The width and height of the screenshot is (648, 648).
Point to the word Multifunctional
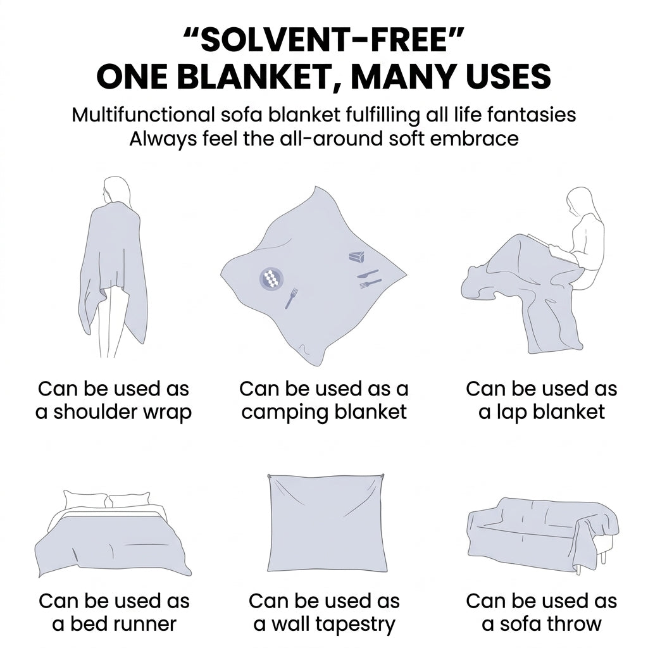click(143, 115)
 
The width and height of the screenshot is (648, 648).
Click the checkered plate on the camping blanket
click(271, 278)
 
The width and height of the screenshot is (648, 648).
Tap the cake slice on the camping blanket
click(357, 257)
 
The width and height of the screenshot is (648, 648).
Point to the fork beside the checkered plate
click(291, 298)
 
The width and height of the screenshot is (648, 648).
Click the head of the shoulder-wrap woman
click(116, 189)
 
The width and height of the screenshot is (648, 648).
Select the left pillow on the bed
click(86, 501)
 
